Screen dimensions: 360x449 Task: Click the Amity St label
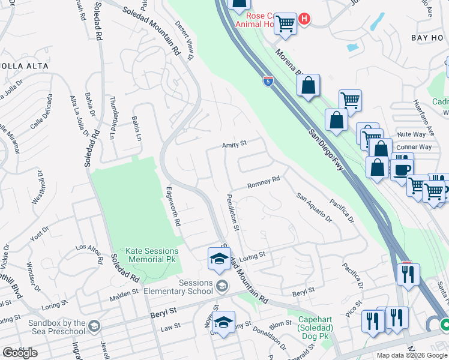point(235,144)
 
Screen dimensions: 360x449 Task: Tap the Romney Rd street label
point(264,180)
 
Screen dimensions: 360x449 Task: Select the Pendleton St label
point(233,212)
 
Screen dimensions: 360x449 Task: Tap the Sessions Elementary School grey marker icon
point(222,285)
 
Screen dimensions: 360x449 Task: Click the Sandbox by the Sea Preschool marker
point(93,326)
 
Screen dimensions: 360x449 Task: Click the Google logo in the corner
point(20,353)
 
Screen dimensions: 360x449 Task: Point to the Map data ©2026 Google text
point(412,355)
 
